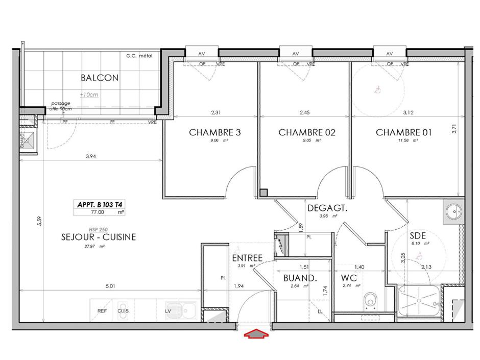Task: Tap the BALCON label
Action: point(100,78)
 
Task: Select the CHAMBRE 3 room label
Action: point(215,132)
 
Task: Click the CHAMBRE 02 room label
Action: point(306,132)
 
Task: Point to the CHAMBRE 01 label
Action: point(404,132)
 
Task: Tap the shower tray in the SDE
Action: point(419,303)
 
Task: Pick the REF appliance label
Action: point(102,310)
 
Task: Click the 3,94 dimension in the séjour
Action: point(91,157)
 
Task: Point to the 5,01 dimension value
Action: point(110,286)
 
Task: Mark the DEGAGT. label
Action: point(327,208)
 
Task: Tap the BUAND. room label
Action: point(301,278)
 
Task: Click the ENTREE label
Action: point(247,258)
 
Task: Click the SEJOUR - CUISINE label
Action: point(99,237)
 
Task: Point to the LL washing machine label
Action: point(320,310)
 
